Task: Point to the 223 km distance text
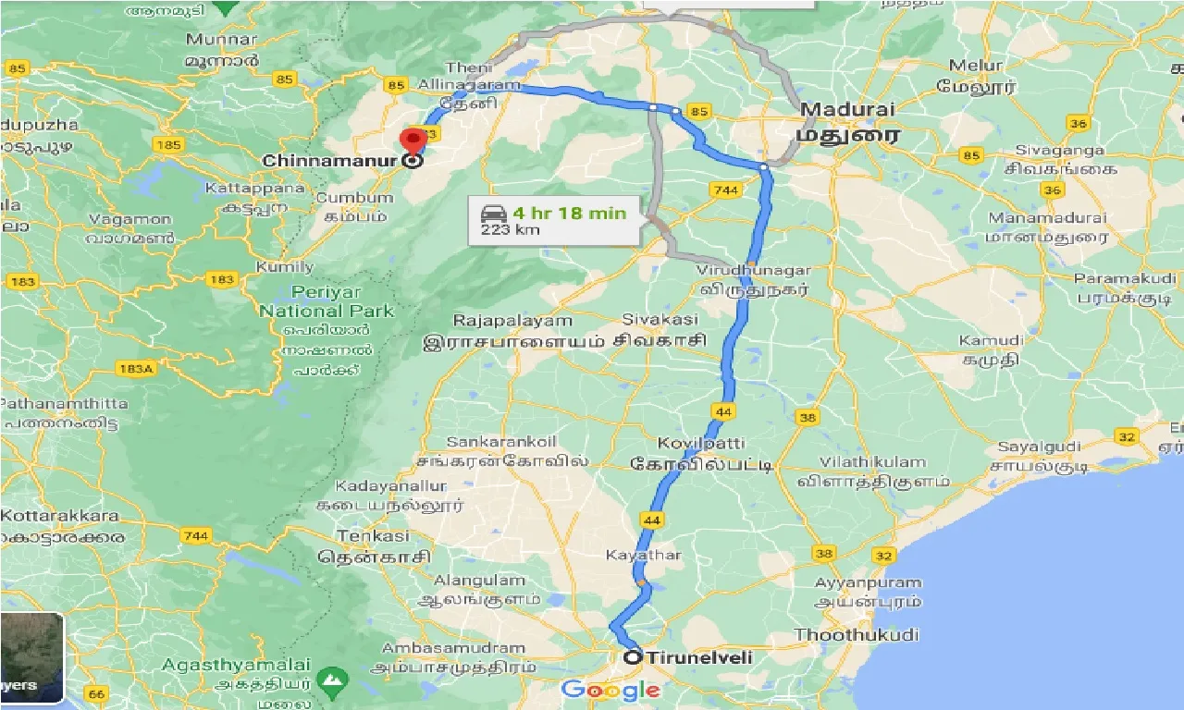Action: tap(509, 229)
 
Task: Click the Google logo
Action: tap(610, 689)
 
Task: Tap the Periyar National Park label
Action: tap(326, 302)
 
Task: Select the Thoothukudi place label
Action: tap(857, 635)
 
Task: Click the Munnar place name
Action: tap(220, 40)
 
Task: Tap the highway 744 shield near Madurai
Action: tap(724, 190)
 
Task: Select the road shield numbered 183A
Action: tap(134, 369)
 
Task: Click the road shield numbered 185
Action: tap(170, 145)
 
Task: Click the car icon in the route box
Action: tap(490, 213)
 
